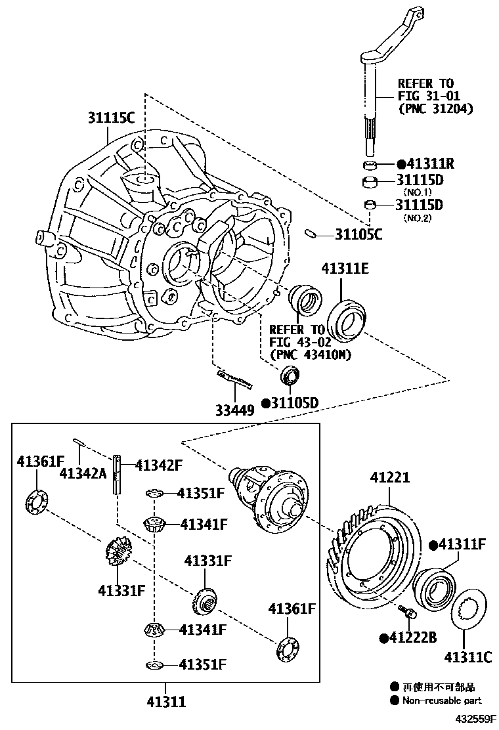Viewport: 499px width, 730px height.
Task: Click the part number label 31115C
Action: tap(112, 118)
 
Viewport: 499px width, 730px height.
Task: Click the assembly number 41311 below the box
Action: tap(167, 702)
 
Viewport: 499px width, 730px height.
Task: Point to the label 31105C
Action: tap(358, 234)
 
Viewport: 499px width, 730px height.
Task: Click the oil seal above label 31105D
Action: tap(290, 377)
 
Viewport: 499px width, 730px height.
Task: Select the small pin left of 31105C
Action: tap(313, 232)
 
